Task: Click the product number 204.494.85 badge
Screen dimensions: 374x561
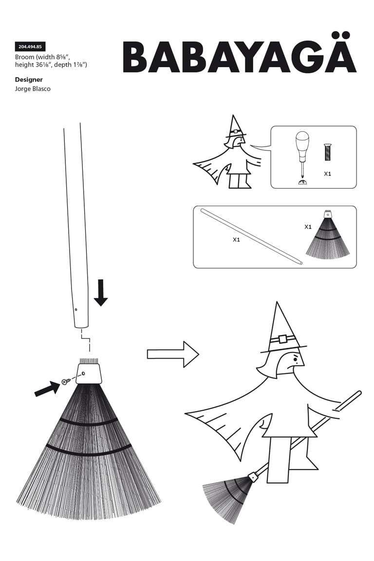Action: point(30,47)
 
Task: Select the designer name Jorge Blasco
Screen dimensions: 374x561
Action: point(33,89)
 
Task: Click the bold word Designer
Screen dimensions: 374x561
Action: point(29,79)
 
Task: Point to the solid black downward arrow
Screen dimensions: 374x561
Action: point(101,293)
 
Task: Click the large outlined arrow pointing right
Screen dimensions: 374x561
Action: point(173,354)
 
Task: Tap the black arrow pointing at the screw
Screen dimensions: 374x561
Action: point(47,389)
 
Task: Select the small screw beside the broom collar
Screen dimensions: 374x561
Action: point(65,381)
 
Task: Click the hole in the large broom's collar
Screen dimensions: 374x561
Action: point(83,374)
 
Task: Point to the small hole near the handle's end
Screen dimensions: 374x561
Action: point(76,310)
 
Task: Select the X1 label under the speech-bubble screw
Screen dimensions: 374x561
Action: point(327,174)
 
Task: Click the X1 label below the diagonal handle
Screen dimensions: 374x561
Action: point(236,240)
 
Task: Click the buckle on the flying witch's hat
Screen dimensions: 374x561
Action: point(282,338)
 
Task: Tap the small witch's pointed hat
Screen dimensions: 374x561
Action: point(235,127)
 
